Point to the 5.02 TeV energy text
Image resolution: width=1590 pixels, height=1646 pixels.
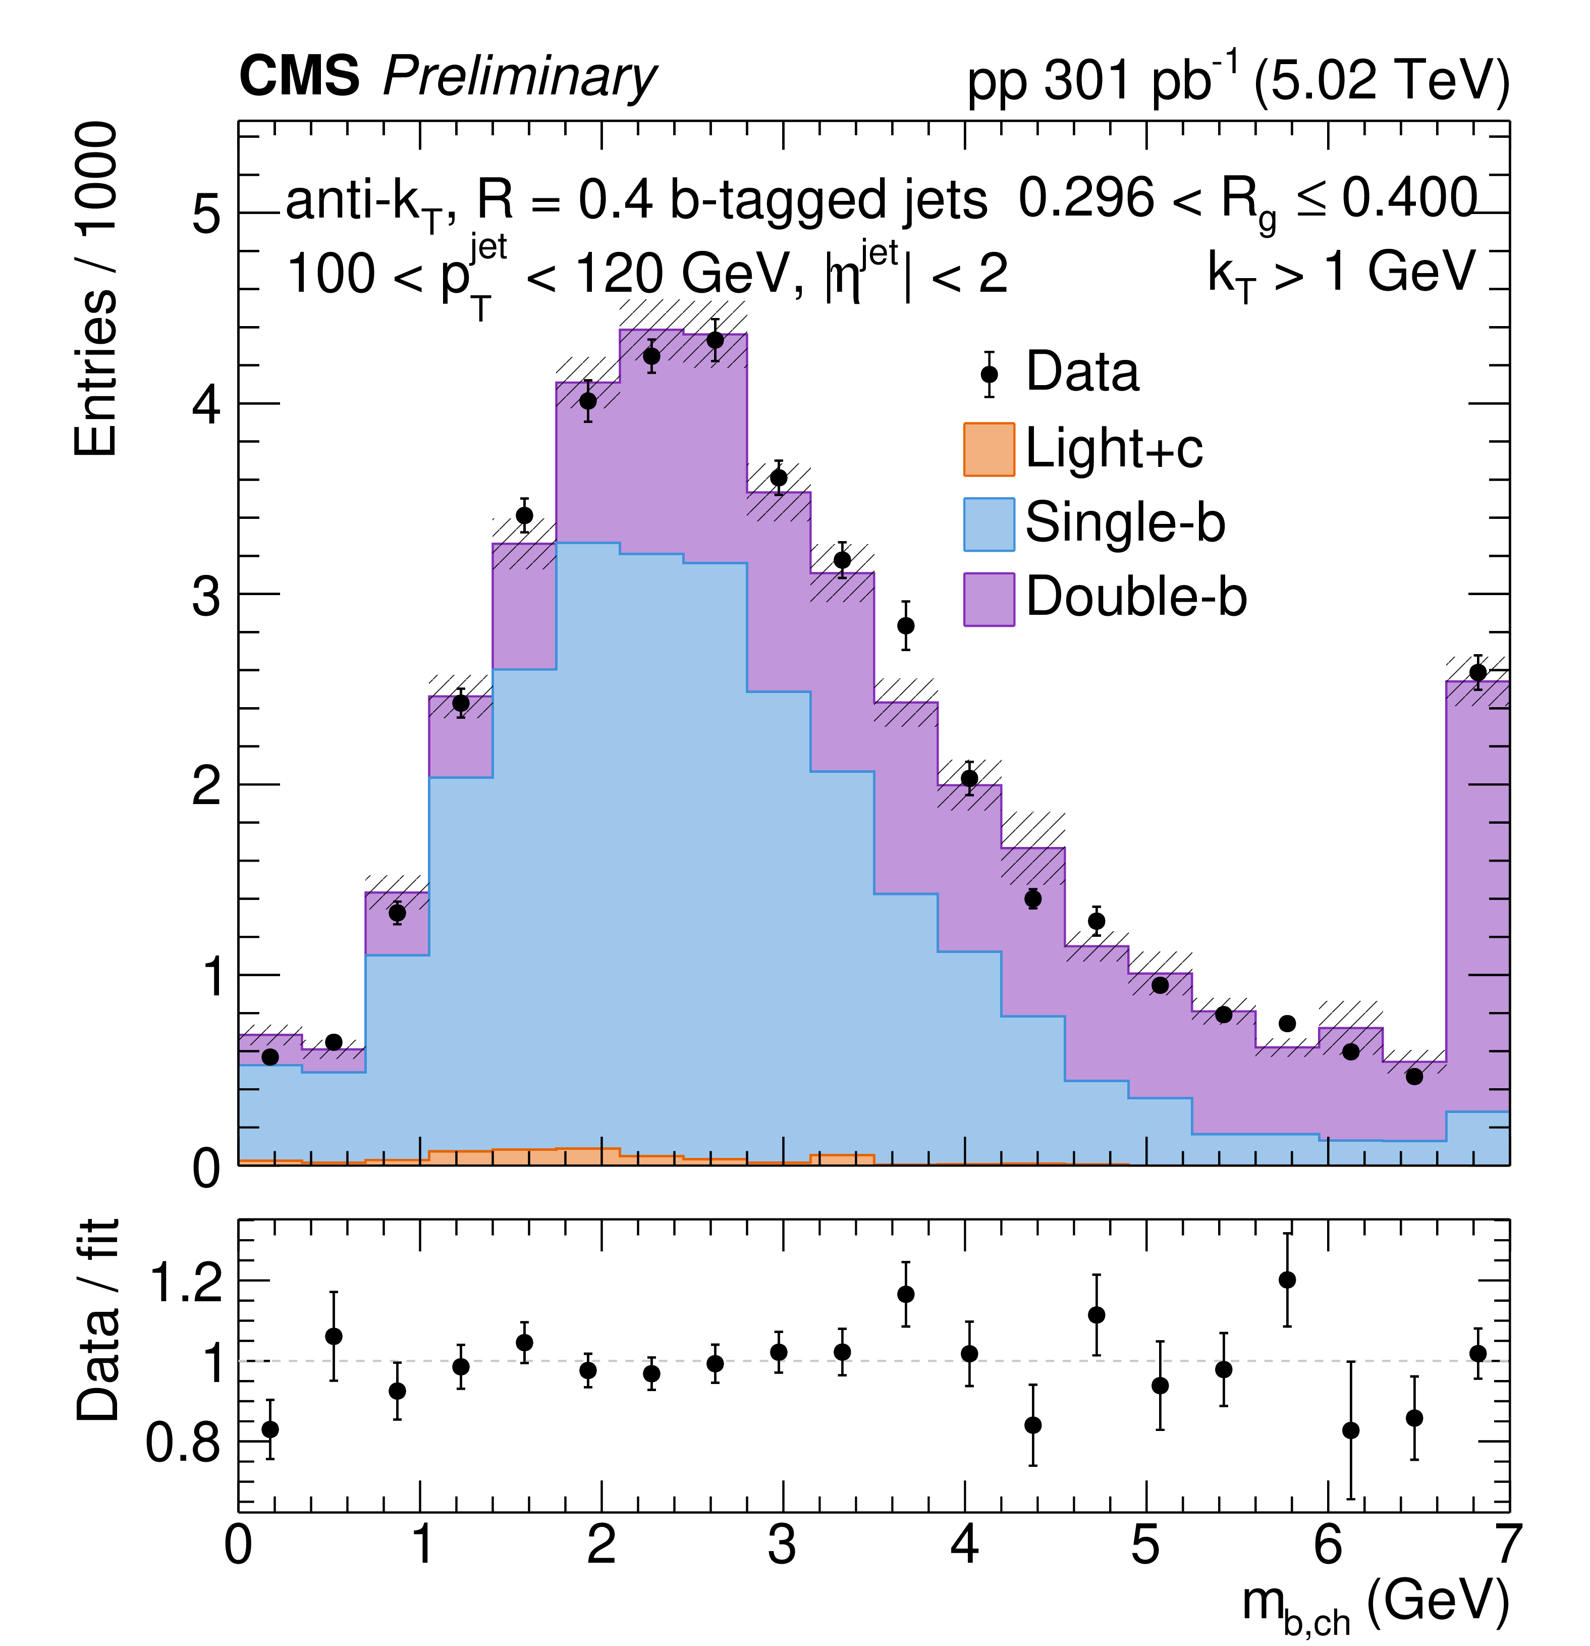pos(1381,81)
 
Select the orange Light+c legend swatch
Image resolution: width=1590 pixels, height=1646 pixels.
pos(989,449)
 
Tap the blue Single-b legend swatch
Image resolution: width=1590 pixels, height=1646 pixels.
pos(989,524)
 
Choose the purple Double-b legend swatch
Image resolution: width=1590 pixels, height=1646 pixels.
pos(989,599)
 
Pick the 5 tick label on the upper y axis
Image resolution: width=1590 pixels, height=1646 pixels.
pos(206,214)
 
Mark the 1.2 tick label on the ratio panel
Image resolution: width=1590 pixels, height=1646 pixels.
pos(185,1283)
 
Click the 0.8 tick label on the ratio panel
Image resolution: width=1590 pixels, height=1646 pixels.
pos(183,1442)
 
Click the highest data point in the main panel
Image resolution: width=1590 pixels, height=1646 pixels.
pos(715,340)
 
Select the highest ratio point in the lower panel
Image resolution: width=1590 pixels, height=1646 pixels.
pos(1287,1280)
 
